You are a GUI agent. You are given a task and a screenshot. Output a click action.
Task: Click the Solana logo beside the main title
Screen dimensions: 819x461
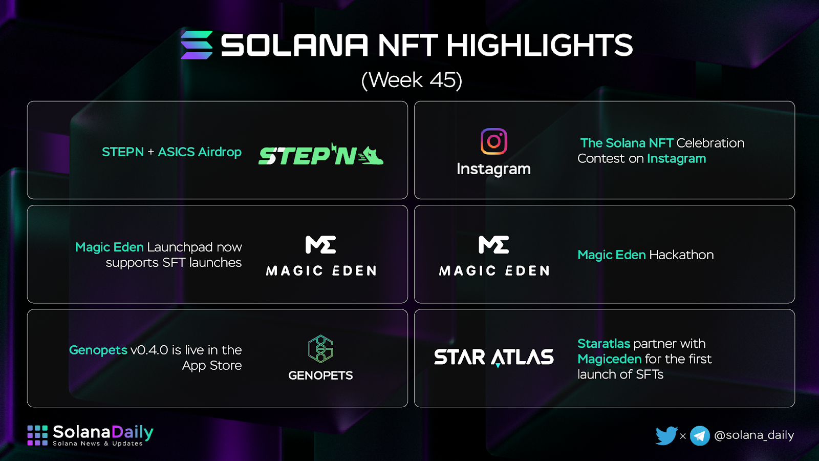pyautogui.click(x=197, y=45)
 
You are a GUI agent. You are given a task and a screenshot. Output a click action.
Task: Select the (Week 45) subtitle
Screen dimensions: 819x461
pyautogui.click(x=412, y=80)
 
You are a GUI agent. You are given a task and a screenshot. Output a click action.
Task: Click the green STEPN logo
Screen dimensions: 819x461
pyautogui.click(x=320, y=154)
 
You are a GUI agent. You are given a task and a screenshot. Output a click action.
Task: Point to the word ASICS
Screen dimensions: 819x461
pyautogui.click(x=176, y=152)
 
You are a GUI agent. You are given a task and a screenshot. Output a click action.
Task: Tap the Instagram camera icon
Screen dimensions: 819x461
pyautogui.click(x=493, y=141)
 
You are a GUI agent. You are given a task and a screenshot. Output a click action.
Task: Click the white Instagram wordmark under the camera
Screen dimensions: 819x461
pyautogui.click(x=493, y=169)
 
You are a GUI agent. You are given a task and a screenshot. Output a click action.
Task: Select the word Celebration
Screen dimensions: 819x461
pyautogui.click(x=710, y=143)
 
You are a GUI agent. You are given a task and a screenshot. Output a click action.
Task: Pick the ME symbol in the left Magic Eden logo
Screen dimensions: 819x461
pyautogui.click(x=320, y=245)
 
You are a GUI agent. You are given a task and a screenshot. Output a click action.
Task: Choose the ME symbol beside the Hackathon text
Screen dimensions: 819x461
pyautogui.click(x=493, y=245)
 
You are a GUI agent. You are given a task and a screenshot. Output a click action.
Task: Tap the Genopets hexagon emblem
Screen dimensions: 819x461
pyautogui.click(x=320, y=349)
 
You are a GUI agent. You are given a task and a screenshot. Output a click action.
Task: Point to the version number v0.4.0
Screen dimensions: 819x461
pyautogui.click(x=149, y=350)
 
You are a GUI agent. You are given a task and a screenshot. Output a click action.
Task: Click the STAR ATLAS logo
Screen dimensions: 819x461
pyautogui.click(x=493, y=358)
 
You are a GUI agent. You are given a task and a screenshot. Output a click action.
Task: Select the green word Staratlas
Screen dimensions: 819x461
pyautogui.click(x=604, y=344)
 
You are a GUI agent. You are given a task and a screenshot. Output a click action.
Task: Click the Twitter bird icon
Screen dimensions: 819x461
pyautogui.click(x=666, y=435)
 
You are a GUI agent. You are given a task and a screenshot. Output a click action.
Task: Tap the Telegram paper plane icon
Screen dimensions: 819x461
pyautogui.click(x=700, y=436)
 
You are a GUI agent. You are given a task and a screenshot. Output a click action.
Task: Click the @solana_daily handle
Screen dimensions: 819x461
pyautogui.click(x=754, y=435)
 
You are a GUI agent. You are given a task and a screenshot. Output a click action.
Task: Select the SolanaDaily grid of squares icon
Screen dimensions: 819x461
pyautogui.click(x=37, y=435)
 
